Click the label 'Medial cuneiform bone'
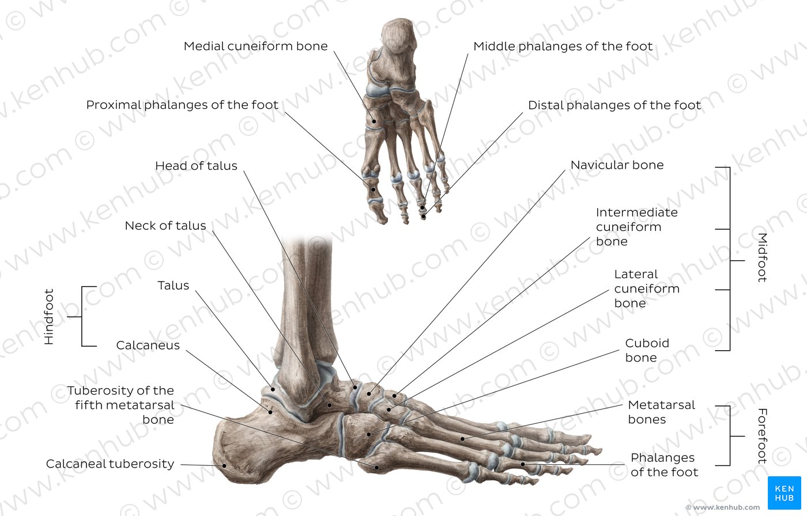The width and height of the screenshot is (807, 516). [x=255, y=46]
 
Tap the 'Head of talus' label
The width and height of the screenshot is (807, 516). [x=196, y=165]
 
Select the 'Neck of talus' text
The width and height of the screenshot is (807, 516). [x=165, y=226]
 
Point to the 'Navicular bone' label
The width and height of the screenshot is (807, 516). [x=617, y=165]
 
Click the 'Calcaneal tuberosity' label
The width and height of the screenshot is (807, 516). [x=110, y=464]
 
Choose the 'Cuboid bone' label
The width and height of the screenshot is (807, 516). [x=647, y=350]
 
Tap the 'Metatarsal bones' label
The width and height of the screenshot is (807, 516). [x=662, y=412]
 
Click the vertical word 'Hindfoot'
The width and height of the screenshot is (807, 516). [x=49, y=317]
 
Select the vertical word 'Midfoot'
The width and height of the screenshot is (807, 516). [x=762, y=257]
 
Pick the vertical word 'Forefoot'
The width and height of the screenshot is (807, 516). [x=762, y=436]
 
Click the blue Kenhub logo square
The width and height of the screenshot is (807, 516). [x=784, y=493]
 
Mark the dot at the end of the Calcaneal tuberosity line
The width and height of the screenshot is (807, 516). [x=224, y=466]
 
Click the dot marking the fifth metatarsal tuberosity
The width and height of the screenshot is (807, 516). [x=377, y=468]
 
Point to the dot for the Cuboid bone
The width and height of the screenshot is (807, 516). [x=369, y=435]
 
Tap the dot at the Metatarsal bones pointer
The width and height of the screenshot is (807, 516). [x=462, y=439]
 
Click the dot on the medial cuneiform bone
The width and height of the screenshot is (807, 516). [x=374, y=122]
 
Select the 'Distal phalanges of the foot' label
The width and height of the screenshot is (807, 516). [x=614, y=105]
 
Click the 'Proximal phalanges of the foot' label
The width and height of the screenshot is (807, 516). [x=182, y=105]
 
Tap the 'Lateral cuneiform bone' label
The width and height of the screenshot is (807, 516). [x=647, y=289]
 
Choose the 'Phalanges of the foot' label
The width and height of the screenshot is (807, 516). [x=664, y=465]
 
